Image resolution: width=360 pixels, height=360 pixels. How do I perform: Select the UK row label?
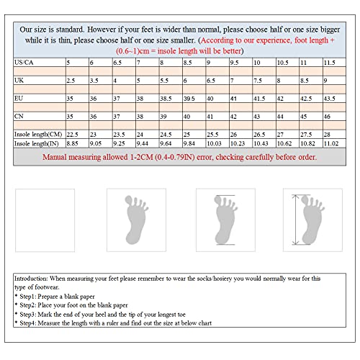[x=19, y=81]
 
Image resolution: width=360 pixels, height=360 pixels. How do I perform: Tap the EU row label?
[x=19, y=97]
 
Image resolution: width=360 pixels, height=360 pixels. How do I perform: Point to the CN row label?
[x=19, y=115]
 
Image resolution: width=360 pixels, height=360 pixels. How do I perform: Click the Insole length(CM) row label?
[x=38, y=135]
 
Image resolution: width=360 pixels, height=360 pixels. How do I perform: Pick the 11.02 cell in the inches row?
[x=332, y=143]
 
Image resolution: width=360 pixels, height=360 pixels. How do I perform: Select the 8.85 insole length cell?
[x=73, y=143]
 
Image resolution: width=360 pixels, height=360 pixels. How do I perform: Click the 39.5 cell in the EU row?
[x=189, y=97]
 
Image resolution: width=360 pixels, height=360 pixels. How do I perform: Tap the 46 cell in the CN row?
[x=328, y=115]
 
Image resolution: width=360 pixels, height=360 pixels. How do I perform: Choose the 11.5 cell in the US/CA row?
[x=330, y=63]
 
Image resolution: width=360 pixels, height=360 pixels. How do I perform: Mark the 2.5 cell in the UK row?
[x=71, y=81]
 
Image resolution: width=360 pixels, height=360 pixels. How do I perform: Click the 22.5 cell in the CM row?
[x=73, y=135]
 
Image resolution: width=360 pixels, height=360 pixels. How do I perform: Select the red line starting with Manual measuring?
[x=180, y=156]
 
